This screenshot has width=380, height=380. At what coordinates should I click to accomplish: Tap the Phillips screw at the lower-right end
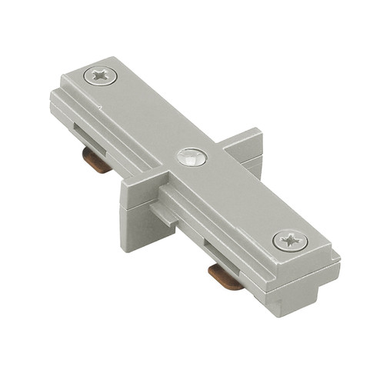point(290,241)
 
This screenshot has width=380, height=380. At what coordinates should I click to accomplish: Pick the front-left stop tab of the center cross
point(135,212)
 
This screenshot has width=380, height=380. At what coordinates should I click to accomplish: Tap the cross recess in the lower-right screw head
point(290,241)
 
